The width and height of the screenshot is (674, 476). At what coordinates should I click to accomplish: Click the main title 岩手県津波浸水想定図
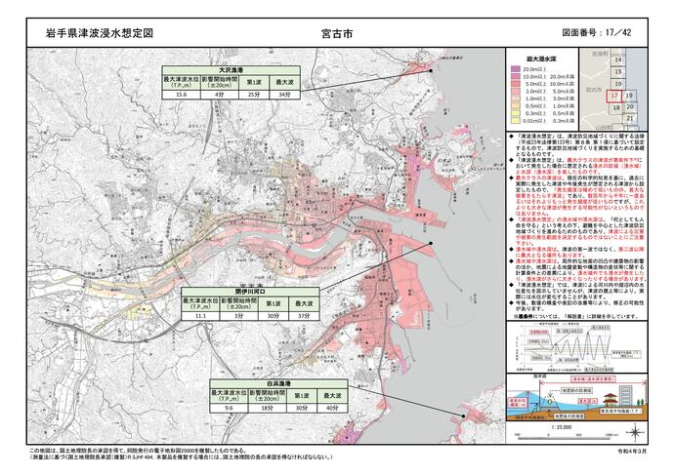point(100,32)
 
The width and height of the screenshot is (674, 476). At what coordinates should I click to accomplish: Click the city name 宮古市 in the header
point(336,32)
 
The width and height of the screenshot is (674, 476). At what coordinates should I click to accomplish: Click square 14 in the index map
point(617,60)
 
